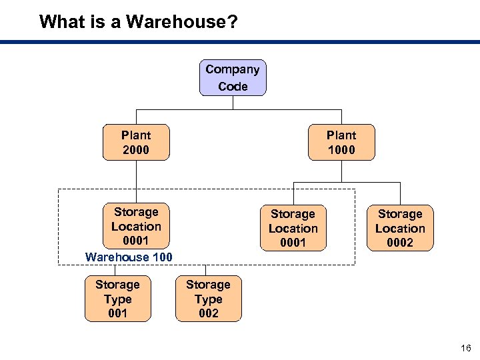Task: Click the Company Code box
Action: tap(233, 78)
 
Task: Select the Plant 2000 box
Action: tap(136, 143)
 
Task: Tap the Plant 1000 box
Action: tap(341, 143)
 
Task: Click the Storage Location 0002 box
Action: tap(400, 228)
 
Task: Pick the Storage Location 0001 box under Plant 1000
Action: tap(293, 228)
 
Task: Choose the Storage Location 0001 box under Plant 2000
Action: tap(136, 226)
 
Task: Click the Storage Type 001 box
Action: tap(118, 299)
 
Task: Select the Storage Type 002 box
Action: tap(208, 299)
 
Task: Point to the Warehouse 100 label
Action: tap(129, 257)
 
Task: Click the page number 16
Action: tap(465, 348)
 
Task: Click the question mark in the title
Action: tap(232, 22)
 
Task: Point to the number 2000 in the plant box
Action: tap(136, 150)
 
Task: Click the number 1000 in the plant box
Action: tap(341, 150)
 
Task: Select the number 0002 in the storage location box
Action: tap(400, 243)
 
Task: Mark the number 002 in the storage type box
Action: tap(208, 313)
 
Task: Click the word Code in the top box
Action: tap(233, 87)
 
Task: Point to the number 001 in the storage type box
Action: tap(118, 313)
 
